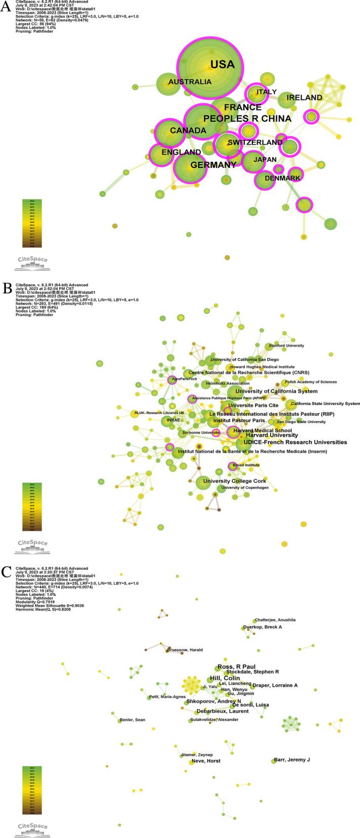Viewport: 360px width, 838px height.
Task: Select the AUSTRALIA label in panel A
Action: tap(190, 82)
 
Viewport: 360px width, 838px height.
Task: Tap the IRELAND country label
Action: tap(304, 97)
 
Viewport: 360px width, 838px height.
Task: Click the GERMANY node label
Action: tap(213, 165)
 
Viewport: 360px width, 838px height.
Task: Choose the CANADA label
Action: tap(188, 130)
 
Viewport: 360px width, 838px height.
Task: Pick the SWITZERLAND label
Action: tap(255, 143)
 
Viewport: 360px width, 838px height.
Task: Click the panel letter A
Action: tap(6, 7)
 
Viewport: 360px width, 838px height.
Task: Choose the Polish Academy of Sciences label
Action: tap(310, 382)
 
